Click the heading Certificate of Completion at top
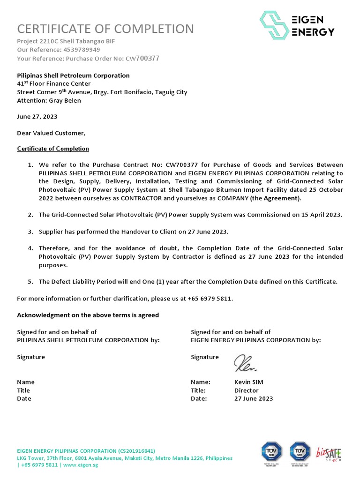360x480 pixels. [x=105, y=29]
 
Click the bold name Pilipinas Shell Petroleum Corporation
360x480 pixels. [x=73, y=75]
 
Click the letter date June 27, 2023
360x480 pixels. [x=37, y=116]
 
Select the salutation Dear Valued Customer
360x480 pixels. [x=51, y=133]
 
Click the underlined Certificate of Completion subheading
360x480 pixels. [x=53, y=149]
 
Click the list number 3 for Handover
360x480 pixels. [x=30, y=232]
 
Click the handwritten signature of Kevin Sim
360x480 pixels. [x=245, y=362]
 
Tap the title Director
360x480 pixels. [x=246, y=390]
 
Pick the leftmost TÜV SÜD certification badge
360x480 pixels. [x=271, y=452]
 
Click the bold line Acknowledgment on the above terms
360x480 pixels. [x=88, y=315]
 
